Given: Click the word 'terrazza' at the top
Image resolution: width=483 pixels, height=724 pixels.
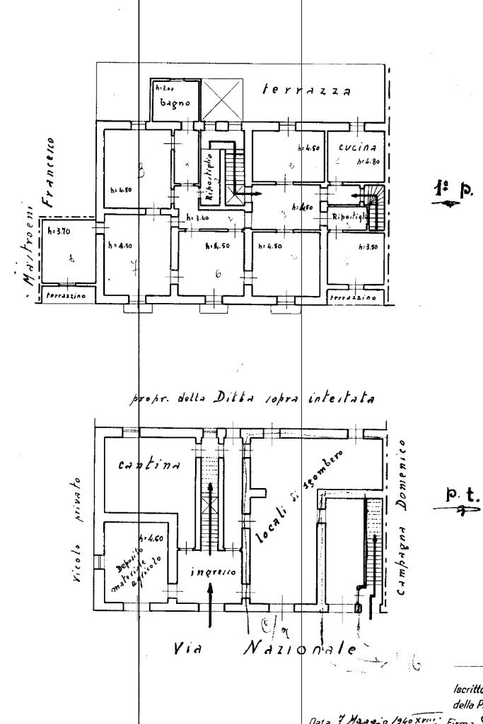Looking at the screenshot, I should tap(307, 91).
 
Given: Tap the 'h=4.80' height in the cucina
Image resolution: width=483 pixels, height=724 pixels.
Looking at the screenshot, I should tap(369, 161).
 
